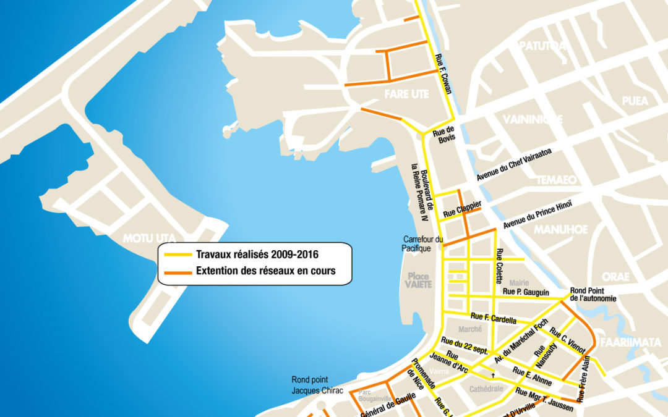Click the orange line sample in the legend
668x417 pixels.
pyautogui.click(x=177, y=271)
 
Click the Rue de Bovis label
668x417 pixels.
pyautogui.click(x=443, y=135)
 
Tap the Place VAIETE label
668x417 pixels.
pyautogui.click(x=418, y=280)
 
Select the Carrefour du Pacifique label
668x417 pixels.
pyautogui.click(x=423, y=243)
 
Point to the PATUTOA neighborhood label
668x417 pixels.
pyautogui.click(x=542, y=46)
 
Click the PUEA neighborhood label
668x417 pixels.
pyautogui.click(x=635, y=101)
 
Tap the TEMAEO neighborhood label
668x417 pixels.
pyautogui.click(x=556, y=180)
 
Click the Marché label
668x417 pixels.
pyautogui.click(x=470, y=330)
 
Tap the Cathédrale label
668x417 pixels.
pyautogui.click(x=487, y=389)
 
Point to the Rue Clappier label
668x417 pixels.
pyautogui.click(x=462, y=209)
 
